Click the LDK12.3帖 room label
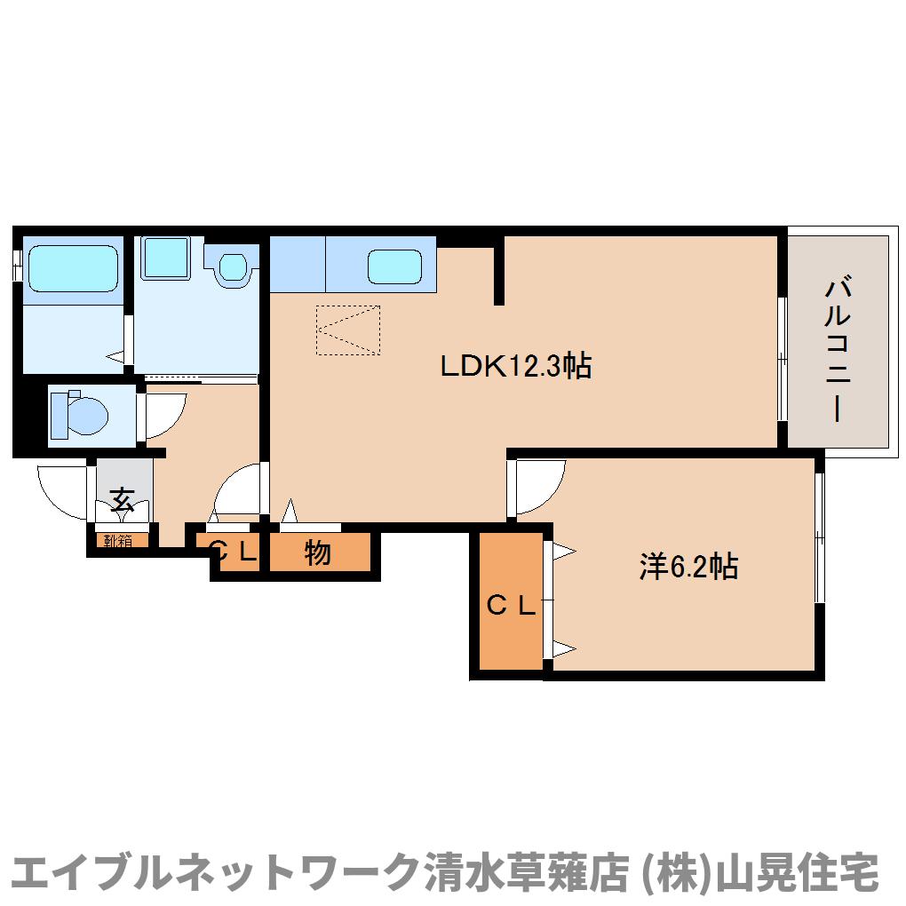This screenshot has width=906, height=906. tap(516, 366)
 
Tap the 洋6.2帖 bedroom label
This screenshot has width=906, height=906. tap(688, 567)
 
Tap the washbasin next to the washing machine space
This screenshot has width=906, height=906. tap(233, 266)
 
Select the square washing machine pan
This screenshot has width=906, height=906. tap(164, 257)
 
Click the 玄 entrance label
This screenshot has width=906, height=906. tap(123, 500)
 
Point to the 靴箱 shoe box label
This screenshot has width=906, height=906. tap(117, 539)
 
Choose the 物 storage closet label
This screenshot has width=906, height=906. tap(318, 553)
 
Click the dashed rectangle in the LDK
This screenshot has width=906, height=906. tap(348, 330)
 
